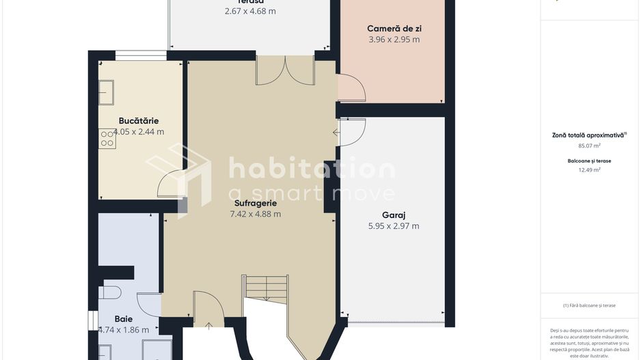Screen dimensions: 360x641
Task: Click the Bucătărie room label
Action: click(139, 121)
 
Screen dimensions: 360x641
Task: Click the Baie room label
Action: click(124, 318)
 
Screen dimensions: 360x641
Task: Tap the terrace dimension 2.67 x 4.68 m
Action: click(250, 11)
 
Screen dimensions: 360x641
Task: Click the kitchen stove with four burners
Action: click(107, 139)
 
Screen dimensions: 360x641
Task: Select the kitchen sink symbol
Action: click(106, 92)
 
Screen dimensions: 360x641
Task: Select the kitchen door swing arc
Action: click(171, 185)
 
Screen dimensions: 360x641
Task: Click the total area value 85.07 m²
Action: click(588, 146)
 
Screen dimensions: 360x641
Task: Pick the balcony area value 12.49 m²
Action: click(588, 170)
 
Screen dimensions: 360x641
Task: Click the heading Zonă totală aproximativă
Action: click(588, 135)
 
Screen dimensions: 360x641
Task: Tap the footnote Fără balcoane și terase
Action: click(589, 305)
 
